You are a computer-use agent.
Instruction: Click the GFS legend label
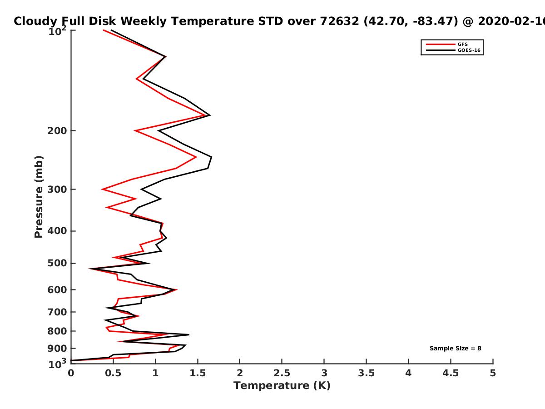(x=462, y=45)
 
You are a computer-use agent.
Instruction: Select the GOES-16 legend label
(x=469, y=50)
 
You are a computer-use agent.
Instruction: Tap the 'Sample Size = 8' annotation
(x=456, y=349)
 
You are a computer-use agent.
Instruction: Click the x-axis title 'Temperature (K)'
(x=282, y=386)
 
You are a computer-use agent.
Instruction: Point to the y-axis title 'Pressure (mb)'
(x=39, y=197)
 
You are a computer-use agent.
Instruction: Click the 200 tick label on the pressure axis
(x=57, y=130)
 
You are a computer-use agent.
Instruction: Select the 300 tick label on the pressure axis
(x=57, y=190)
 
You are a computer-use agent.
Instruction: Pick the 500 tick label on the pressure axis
(x=57, y=263)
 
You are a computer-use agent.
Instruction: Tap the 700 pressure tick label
(x=57, y=312)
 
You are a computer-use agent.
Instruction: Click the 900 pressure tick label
(x=57, y=349)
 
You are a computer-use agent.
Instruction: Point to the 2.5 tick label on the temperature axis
(x=282, y=373)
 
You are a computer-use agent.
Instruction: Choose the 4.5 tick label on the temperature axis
(x=451, y=373)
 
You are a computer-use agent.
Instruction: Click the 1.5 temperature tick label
(x=198, y=373)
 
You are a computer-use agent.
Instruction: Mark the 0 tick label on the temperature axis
(x=71, y=373)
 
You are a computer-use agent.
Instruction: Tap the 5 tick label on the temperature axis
(x=493, y=373)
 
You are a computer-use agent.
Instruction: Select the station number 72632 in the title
(x=339, y=21)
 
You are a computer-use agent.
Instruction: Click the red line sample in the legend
(x=441, y=45)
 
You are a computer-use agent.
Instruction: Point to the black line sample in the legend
(x=441, y=50)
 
